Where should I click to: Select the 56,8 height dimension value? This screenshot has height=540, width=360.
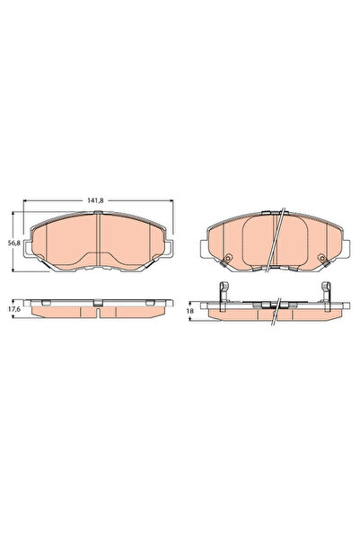13,243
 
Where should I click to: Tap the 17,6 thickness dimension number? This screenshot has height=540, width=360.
13,309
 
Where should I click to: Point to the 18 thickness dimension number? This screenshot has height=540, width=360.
190,311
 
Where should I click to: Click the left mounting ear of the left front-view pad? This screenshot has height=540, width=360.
27,249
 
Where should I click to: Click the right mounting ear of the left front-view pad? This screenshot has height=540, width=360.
169,249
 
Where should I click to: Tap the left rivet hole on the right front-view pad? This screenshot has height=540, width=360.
227,258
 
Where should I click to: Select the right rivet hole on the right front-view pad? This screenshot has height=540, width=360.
321,258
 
